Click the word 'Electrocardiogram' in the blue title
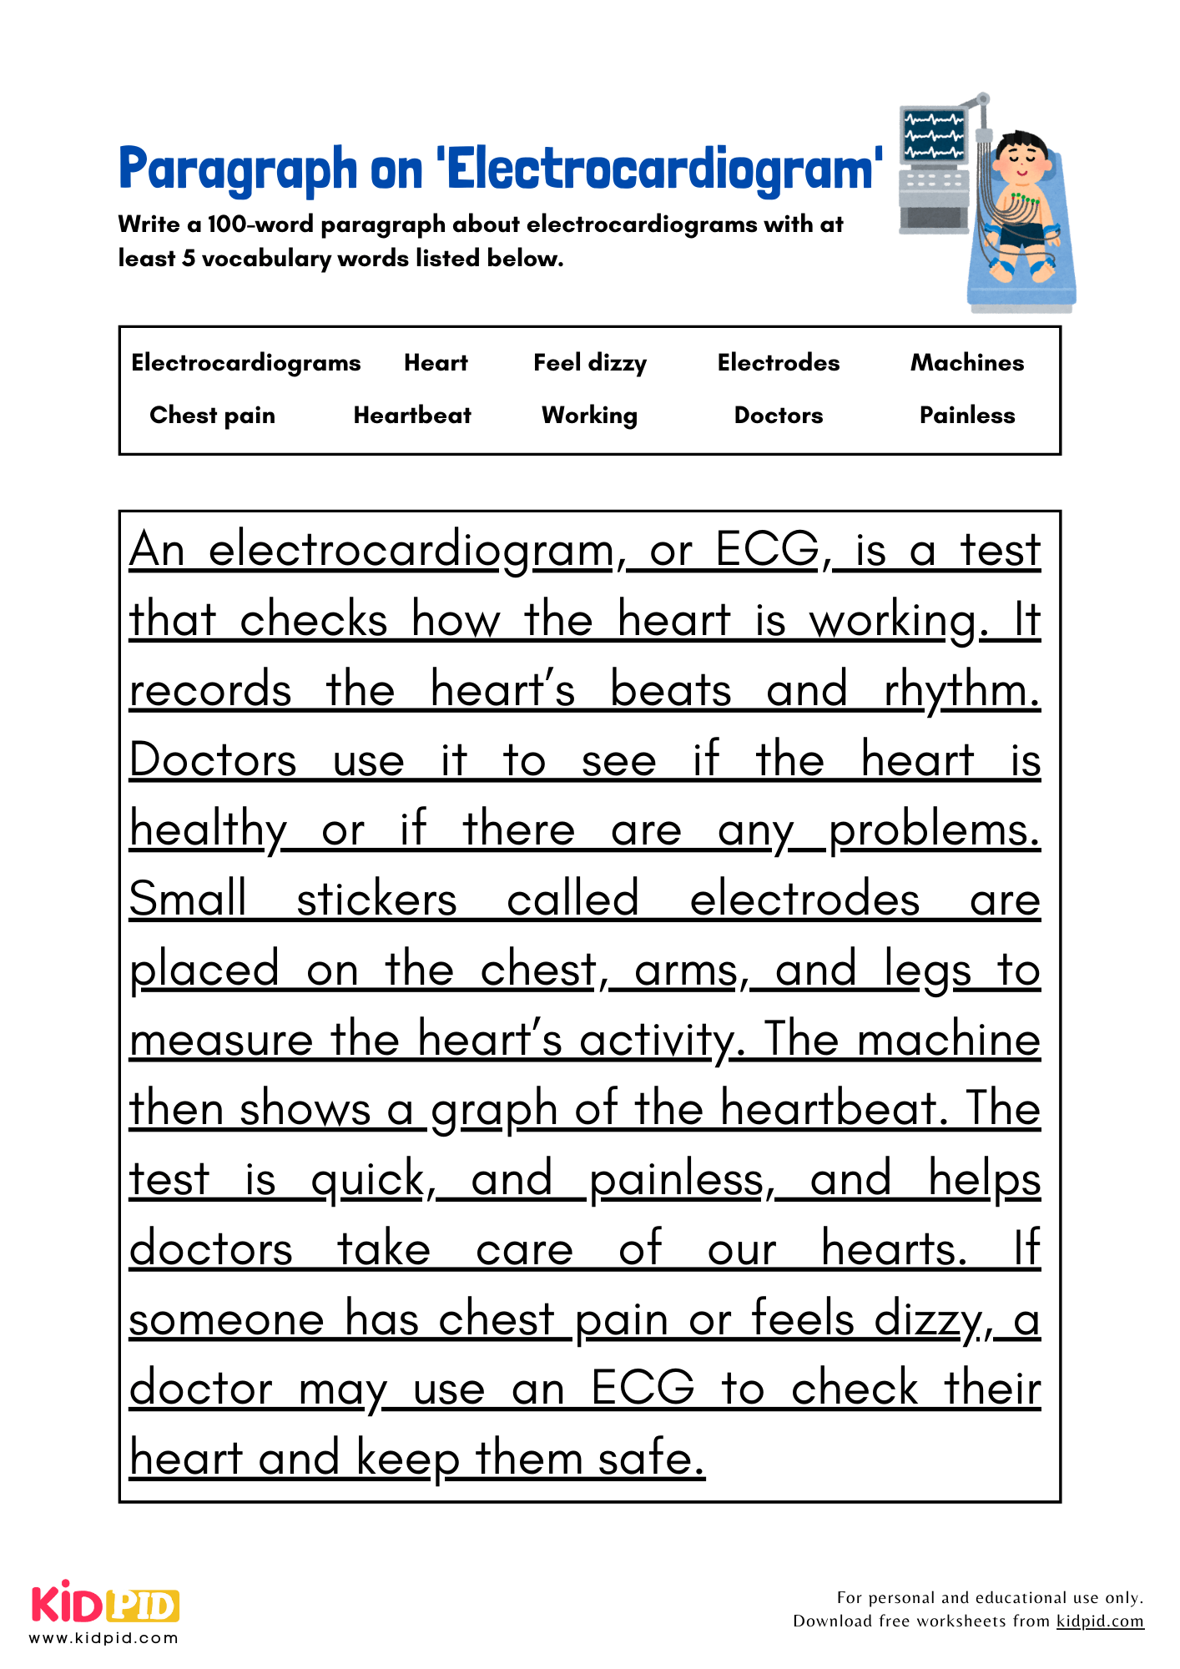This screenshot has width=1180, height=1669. [x=659, y=169]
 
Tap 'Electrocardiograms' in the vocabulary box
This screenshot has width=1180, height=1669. [x=246, y=363]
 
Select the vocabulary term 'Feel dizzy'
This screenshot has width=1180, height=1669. [x=590, y=363]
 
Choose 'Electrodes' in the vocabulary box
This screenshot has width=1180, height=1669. [x=779, y=363]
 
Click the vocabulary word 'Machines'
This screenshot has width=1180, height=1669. [x=967, y=363]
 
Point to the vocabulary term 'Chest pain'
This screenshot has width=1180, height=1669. [x=212, y=416]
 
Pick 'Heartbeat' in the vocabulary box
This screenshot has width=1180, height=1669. [x=412, y=416]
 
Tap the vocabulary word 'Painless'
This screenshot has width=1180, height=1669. [x=967, y=416]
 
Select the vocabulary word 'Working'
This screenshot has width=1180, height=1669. [x=589, y=416]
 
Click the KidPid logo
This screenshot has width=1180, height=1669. [x=105, y=1604]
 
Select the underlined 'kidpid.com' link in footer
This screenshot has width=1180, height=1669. [x=1100, y=1621]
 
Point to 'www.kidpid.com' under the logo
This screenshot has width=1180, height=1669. [x=103, y=1638]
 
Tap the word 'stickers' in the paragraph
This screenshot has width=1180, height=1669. [x=376, y=900]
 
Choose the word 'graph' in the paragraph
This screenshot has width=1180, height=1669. [x=494, y=1111]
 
